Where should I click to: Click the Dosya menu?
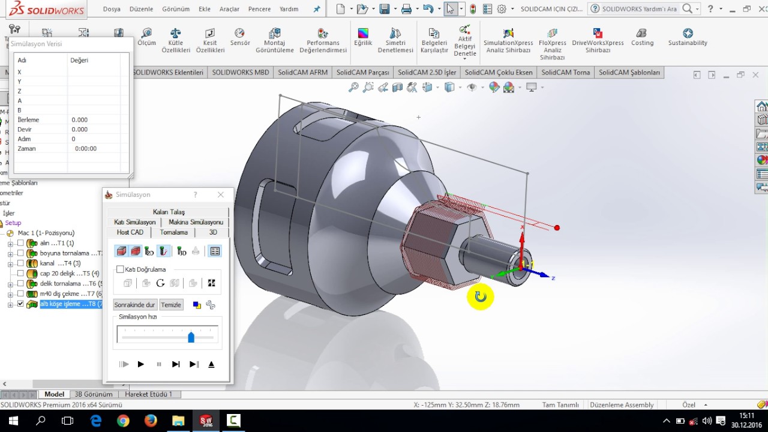[112, 9]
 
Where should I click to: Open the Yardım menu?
[289, 9]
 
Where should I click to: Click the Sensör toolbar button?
[239, 37]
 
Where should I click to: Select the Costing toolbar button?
[642, 37]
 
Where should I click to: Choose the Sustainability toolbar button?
[688, 37]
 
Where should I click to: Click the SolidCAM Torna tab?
[565, 73]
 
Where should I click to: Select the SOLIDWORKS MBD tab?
[240, 73]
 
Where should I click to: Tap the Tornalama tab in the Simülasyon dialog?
[173, 232]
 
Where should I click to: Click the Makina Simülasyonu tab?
[196, 222]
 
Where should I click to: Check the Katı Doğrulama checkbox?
[121, 269]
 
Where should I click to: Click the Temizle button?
[171, 305]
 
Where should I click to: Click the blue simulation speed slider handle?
[191, 337]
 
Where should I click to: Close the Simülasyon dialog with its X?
[220, 194]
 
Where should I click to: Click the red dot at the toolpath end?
[557, 227]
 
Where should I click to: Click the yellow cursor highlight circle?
[480, 296]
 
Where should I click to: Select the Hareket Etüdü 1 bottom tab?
[148, 394]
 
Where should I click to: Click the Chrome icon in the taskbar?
[123, 421]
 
